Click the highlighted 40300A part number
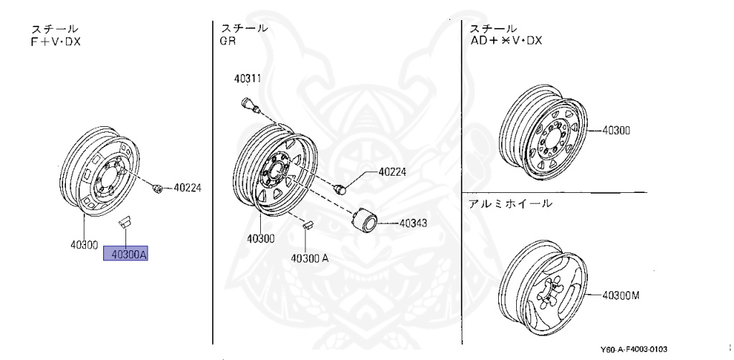pos(126,253)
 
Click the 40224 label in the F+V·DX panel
pos(188,188)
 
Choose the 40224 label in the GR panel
pos(393,172)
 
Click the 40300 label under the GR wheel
pos(261,238)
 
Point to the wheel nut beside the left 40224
pos(156,188)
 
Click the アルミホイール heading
pos(510,203)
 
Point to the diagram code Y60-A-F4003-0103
pos(634,349)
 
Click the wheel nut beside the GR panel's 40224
pos(341,188)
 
